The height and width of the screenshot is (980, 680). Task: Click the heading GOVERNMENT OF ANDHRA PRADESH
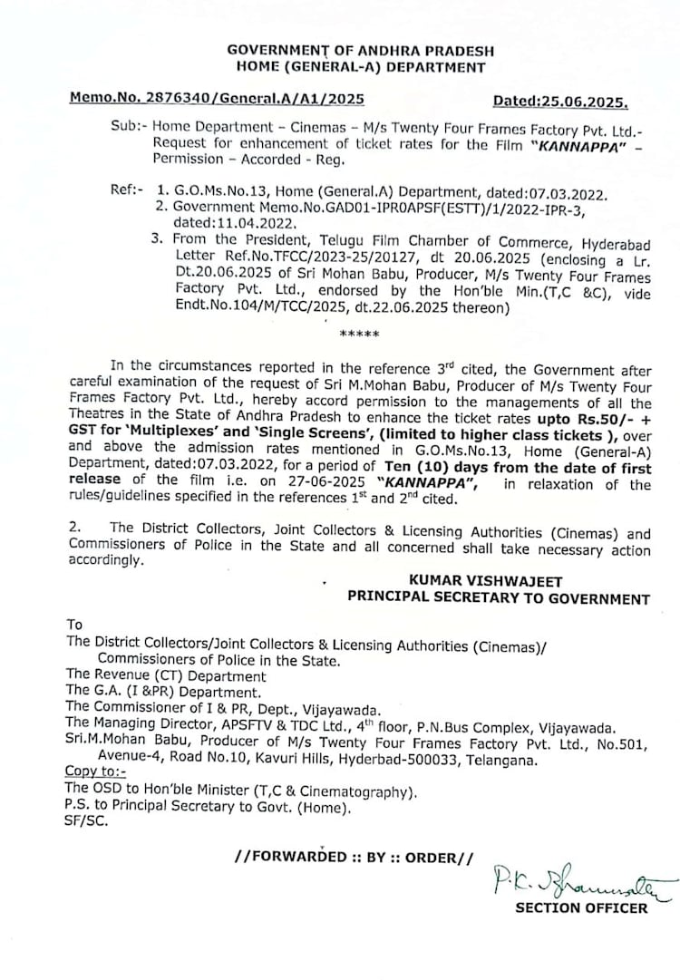click(x=356, y=50)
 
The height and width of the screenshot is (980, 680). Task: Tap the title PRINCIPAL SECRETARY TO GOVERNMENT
click(x=499, y=598)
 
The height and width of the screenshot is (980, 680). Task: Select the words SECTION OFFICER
click(x=581, y=907)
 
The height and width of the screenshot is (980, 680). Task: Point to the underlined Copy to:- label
click(x=95, y=772)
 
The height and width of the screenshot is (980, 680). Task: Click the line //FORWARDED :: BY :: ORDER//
click(x=354, y=856)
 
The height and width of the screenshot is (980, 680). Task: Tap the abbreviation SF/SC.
click(x=86, y=821)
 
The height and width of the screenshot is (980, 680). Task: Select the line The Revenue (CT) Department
click(x=166, y=675)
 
